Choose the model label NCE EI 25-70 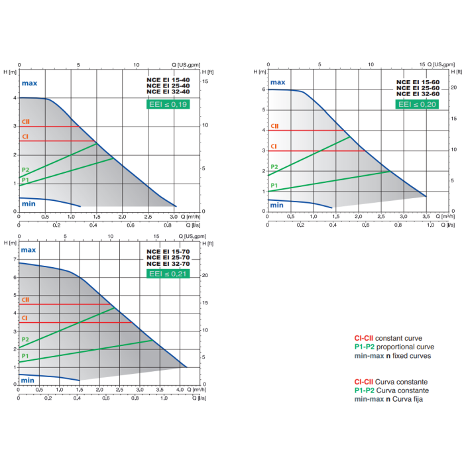point(168,257)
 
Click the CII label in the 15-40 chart point(26,122)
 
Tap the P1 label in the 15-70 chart point(25,356)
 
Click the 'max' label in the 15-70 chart point(29,251)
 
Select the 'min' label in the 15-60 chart point(277,205)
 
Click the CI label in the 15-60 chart point(273,146)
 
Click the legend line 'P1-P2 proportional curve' point(394,347)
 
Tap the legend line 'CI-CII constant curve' point(388,338)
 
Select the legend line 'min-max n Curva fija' point(388,400)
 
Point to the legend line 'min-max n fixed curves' point(392,356)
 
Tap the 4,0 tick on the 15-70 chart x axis point(180,388)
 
